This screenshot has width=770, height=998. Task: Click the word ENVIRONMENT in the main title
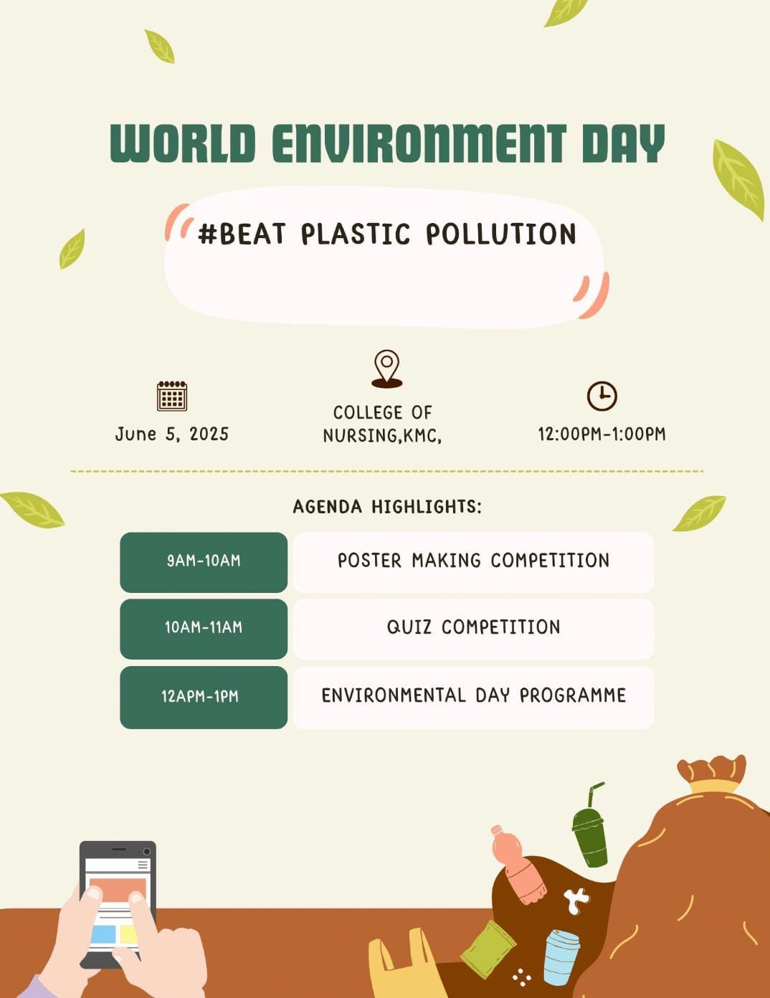pos(419,143)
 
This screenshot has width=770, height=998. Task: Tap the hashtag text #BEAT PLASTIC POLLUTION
pos(387,234)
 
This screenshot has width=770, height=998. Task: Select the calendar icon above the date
pos(172,396)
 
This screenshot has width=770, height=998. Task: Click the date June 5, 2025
pos(172,434)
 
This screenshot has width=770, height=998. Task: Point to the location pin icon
pos(386,368)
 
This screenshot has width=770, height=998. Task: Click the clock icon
pos(602,396)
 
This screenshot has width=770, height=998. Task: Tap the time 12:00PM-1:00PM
pos(602,434)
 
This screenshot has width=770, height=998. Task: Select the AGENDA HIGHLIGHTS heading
pos(387,507)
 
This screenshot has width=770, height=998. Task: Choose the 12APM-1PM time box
pos(204,697)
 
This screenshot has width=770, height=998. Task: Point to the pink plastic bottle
pos(520,868)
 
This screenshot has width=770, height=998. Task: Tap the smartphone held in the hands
pos(118,900)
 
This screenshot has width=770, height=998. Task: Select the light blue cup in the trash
pos(560,957)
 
